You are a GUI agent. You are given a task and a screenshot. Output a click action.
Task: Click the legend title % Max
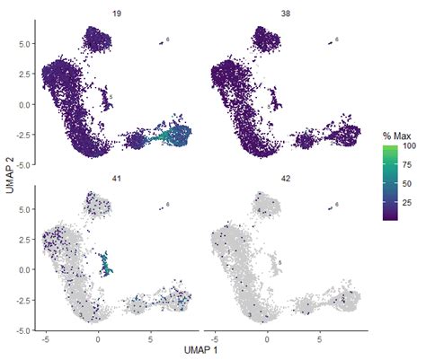(394, 136)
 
